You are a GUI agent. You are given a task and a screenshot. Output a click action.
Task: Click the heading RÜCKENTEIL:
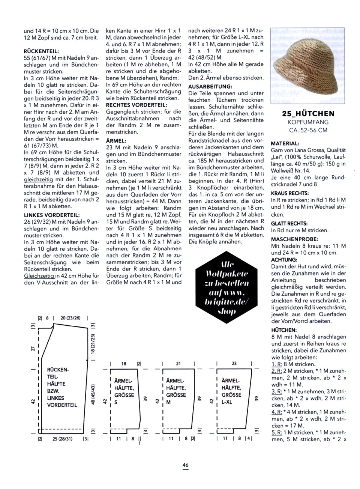pos(41,51)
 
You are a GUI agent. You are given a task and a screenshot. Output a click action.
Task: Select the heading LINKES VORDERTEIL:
pos(52,215)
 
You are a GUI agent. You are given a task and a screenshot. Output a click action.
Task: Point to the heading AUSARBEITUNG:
pos(210,86)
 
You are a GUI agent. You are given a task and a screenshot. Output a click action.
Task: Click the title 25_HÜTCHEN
pos(308,113)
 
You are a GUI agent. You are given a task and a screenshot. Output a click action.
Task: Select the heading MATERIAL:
pos(285,143)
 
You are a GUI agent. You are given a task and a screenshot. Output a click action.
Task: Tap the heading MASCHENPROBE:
pos(295,239)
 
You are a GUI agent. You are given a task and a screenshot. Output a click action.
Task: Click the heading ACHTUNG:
pos(284,260)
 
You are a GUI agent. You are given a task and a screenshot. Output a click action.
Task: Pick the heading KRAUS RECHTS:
pos(290,193)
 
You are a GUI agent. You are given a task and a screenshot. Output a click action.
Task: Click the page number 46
pos(185,465)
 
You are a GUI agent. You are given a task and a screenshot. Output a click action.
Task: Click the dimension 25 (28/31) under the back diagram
pos(63,438)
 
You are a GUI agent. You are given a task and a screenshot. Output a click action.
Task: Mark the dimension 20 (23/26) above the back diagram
pos(70,318)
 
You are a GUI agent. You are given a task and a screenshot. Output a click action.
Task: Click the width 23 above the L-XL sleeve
pos(234,364)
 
